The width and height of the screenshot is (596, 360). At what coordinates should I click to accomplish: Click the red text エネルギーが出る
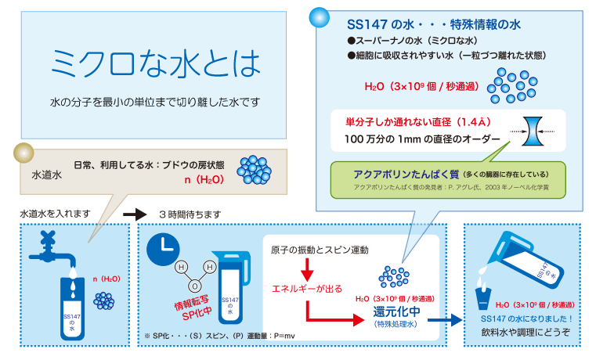point(307,288)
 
